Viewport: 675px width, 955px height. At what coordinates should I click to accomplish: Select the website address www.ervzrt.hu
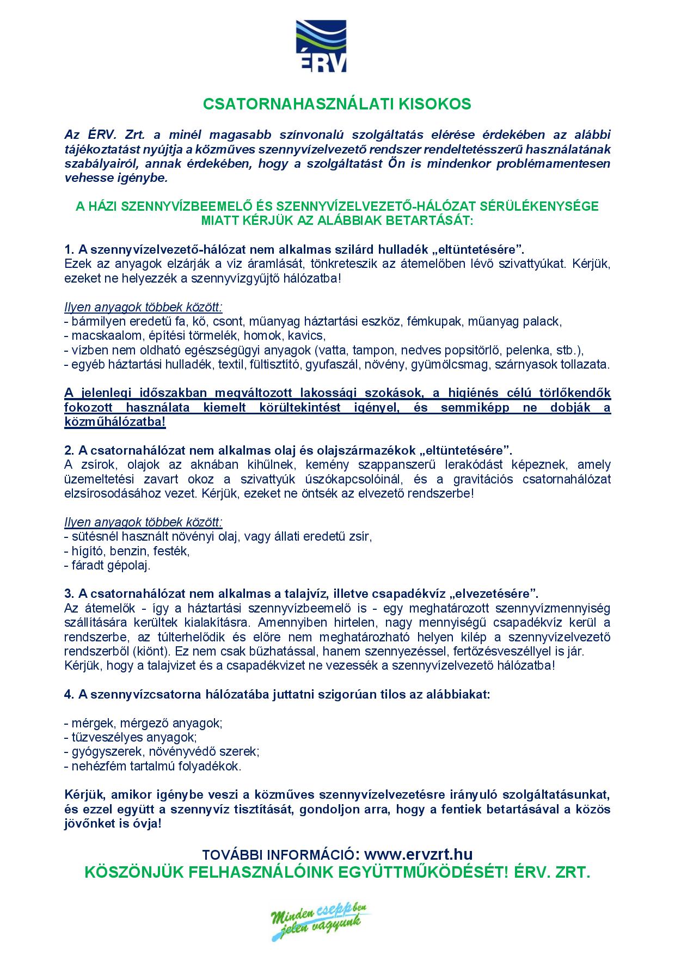418,853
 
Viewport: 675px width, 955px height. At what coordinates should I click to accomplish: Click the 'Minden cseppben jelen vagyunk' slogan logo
321,922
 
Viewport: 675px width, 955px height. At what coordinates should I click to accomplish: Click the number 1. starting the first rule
69,250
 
